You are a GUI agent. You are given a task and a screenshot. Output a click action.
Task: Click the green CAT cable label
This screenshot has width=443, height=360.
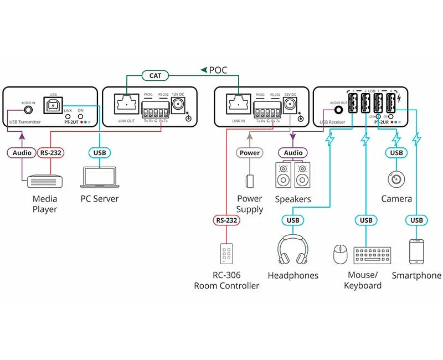(155, 74)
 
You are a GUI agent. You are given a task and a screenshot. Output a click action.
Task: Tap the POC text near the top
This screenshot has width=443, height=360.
(217, 70)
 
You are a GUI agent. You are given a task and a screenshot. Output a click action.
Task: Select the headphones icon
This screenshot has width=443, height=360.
(293, 250)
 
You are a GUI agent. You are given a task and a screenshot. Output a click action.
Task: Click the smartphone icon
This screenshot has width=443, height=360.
(416, 251)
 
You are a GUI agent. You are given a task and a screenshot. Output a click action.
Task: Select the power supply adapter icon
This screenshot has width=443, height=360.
(249, 181)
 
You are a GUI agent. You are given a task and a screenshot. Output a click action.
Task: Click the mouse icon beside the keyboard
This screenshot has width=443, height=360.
(340, 255)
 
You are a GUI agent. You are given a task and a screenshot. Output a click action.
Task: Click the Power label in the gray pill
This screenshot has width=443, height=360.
(249, 152)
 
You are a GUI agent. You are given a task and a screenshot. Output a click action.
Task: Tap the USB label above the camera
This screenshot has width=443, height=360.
(396, 152)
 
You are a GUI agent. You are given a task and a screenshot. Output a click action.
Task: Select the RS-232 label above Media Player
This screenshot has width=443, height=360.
(52, 152)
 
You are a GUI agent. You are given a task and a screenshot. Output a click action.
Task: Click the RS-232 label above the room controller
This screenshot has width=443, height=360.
(226, 220)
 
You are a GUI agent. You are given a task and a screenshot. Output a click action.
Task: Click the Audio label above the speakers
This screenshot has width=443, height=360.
(293, 152)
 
